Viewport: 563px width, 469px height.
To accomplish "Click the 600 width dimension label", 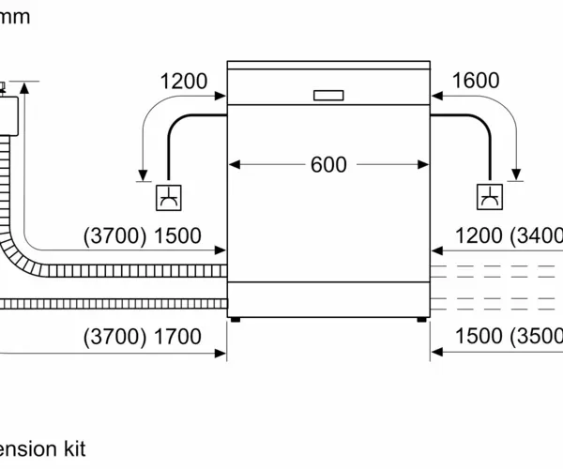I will (x=328, y=165).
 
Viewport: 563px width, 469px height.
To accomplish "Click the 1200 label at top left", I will (x=184, y=82).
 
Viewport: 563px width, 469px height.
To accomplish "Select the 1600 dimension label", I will (x=476, y=82).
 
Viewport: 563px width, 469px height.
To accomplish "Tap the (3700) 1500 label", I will (x=143, y=235).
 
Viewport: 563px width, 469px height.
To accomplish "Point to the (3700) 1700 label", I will (x=143, y=336).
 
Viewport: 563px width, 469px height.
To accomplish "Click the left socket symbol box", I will (x=169, y=199).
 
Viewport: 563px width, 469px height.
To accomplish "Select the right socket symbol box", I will (x=489, y=199).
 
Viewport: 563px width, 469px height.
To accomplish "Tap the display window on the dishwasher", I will (x=328, y=94).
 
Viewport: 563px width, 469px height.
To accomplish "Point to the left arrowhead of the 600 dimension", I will (x=234, y=165).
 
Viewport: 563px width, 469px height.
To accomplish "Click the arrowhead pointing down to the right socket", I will (x=514, y=174).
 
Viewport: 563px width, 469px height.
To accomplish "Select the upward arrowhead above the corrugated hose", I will (x=26, y=87).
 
